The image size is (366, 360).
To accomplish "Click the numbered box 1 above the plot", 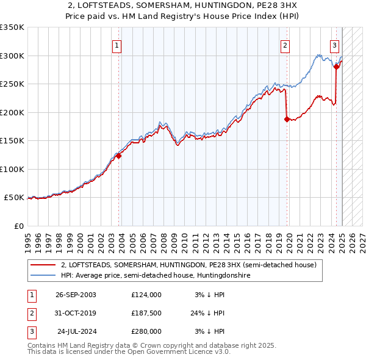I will tap(117, 45).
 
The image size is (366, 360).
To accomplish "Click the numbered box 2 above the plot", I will tap(285, 45).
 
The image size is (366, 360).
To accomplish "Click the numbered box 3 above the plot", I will tap(335, 45).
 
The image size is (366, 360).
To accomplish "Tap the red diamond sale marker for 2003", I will tap(119, 156).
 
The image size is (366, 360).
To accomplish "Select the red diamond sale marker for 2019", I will tap(287, 120).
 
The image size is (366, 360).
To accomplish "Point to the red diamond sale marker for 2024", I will tap(336, 67).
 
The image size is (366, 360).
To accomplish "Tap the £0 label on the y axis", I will tap(17, 226).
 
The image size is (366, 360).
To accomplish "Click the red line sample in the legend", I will tap(43, 265).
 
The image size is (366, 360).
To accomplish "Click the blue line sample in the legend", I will tap(43, 276).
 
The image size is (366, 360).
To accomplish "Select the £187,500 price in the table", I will tap(146, 313).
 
